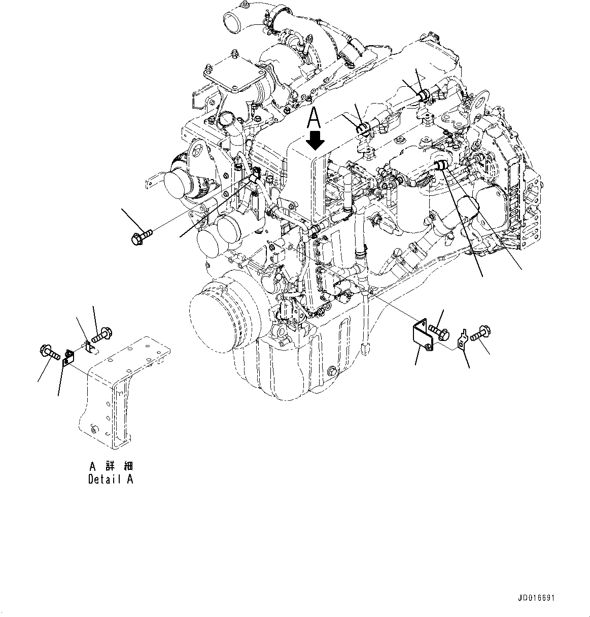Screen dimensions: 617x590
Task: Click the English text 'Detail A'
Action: [x=111, y=479]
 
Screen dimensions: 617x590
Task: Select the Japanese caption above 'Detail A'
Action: [x=111, y=466]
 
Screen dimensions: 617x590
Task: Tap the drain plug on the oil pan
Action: [x=332, y=371]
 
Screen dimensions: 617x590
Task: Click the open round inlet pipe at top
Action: [x=235, y=23]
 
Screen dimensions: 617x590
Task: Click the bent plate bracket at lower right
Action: [x=422, y=336]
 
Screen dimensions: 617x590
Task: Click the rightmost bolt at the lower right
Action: [x=479, y=335]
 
